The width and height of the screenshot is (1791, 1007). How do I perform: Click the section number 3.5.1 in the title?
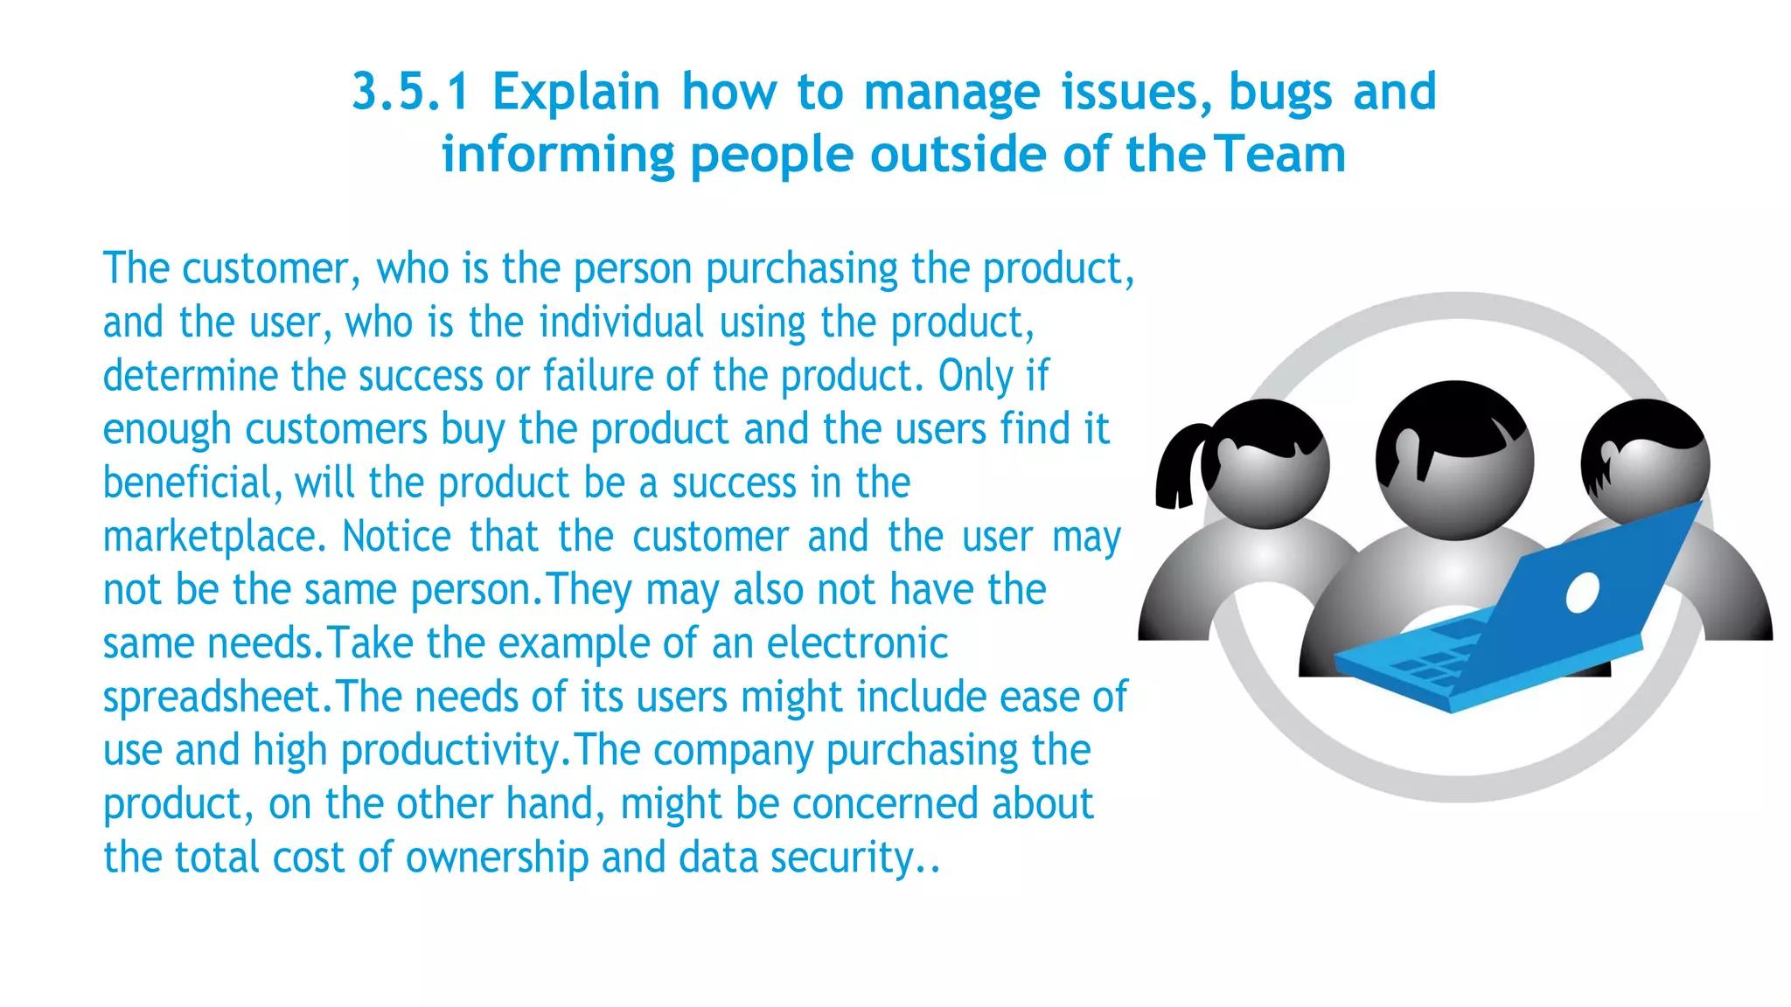point(411,92)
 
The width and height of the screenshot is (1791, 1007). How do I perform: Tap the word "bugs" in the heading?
point(1280,92)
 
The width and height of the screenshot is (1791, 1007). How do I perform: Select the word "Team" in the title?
point(1280,155)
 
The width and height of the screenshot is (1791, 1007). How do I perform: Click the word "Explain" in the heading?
point(575,92)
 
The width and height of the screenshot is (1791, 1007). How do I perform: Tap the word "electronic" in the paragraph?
point(857,644)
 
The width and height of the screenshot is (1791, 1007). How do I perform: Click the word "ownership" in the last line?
point(497,858)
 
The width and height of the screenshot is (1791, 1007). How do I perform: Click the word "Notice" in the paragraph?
point(395,537)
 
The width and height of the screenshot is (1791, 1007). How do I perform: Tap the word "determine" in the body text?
point(190,377)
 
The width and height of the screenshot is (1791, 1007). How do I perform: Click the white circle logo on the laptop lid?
point(1582,594)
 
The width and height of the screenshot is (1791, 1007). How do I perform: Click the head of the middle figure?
point(1454,459)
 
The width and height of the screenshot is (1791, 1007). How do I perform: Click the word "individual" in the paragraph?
point(621,323)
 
